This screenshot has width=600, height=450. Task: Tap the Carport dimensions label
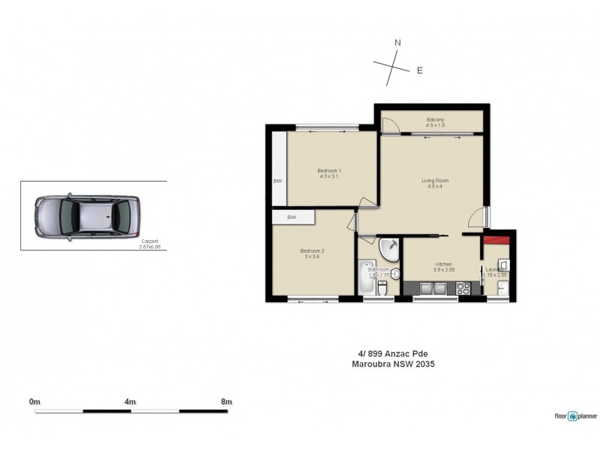pos(149,244)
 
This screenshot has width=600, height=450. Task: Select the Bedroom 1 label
pos(329,174)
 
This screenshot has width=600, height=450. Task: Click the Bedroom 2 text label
pos(311,253)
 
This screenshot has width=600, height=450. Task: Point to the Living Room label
pos(434,183)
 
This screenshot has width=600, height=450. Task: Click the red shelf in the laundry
pos(496,240)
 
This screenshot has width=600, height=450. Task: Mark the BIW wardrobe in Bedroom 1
pos(277,181)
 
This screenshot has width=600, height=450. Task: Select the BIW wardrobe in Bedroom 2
pos(292,217)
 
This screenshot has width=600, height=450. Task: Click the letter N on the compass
pos(397,43)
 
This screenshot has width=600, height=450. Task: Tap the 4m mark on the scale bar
pos(130,402)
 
